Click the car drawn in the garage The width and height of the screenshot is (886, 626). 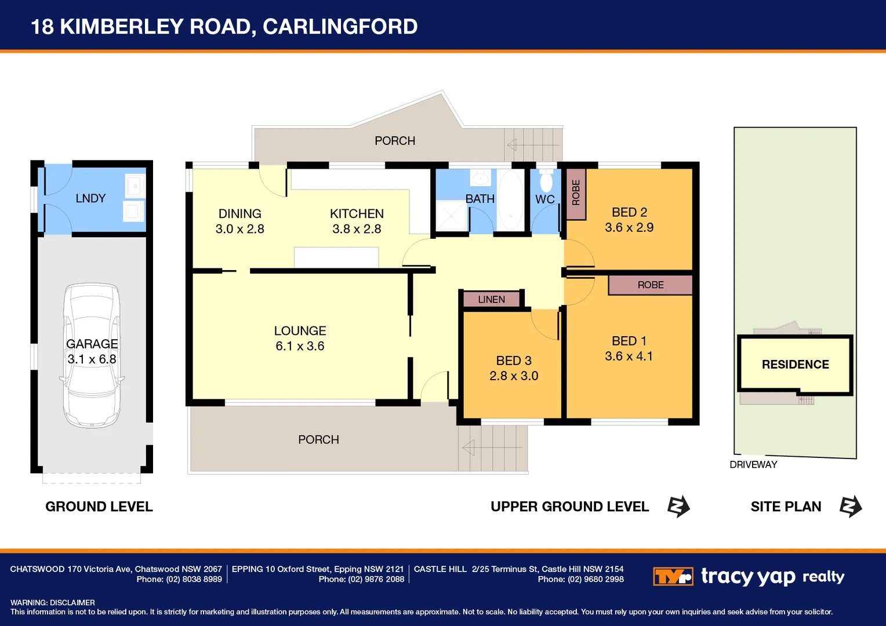(x=92, y=355)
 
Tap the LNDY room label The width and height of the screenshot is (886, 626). (x=90, y=198)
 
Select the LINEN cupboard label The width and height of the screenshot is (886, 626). (x=491, y=300)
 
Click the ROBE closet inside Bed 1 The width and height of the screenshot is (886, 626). (x=650, y=285)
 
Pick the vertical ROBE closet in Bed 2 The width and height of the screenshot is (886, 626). (x=576, y=193)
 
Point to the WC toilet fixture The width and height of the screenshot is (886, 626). (x=546, y=181)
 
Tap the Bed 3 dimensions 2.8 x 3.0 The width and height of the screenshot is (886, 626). (x=514, y=376)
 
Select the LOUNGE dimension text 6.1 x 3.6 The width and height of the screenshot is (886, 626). (x=300, y=346)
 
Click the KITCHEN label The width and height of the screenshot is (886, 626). (x=357, y=214)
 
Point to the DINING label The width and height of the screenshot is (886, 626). (x=239, y=214)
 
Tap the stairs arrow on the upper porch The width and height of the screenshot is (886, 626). (x=511, y=144)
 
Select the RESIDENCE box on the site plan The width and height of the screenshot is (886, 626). (x=795, y=365)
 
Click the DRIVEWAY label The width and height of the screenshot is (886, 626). (x=753, y=465)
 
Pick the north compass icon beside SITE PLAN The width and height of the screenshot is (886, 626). (x=851, y=507)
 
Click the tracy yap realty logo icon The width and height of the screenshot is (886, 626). (x=673, y=577)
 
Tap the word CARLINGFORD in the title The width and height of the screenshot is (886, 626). (x=340, y=27)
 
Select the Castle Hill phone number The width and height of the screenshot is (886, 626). (x=595, y=580)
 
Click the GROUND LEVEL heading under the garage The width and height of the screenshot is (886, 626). (x=99, y=507)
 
